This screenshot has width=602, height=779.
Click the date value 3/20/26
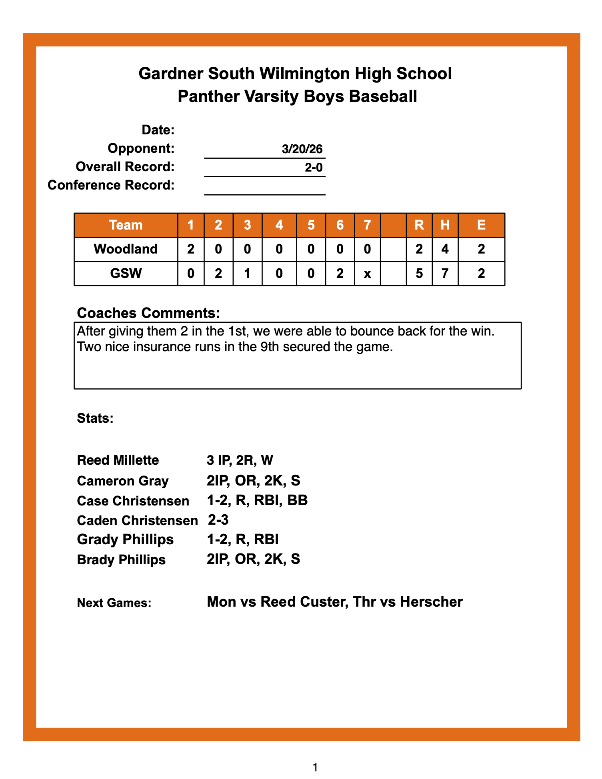pyautogui.click(x=302, y=149)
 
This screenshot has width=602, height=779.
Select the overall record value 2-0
pyautogui.click(x=314, y=167)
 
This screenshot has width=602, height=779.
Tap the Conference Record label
pyautogui.click(x=111, y=185)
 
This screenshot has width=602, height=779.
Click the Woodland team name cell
pyautogui.click(x=126, y=249)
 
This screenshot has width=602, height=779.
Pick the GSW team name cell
pyautogui.click(x=126, y=274)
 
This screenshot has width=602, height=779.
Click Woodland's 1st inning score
pyautogui.click(x=191, y=249)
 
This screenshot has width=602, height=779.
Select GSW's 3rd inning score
pyautogui.click(x=247, y=274)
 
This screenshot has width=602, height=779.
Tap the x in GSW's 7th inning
pyautogui.click(x=367, y=274)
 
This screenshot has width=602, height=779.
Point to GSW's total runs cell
pyautogui.click(x=419, y=274)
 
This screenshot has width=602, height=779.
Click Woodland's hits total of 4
pyautogui.click(x=445, y=249)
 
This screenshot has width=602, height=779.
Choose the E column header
pyautogui.click(x=481, y=225)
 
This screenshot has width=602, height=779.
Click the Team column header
pyautogui.click(x=126, y=225)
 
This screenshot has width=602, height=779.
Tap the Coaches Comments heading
pyautogui.click(x=148, y=313)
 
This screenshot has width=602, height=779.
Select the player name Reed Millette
pyautogui.click(x=118, y=460)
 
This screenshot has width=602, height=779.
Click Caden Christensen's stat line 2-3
pyautogui.click(x=218, y=520)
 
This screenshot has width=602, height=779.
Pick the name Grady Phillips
pyautogui.click(x=125, y=539)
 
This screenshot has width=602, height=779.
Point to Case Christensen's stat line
pyautogui.click(x=257, y=500)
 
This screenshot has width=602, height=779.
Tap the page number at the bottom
pyautogui.click(x=315, y=767)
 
